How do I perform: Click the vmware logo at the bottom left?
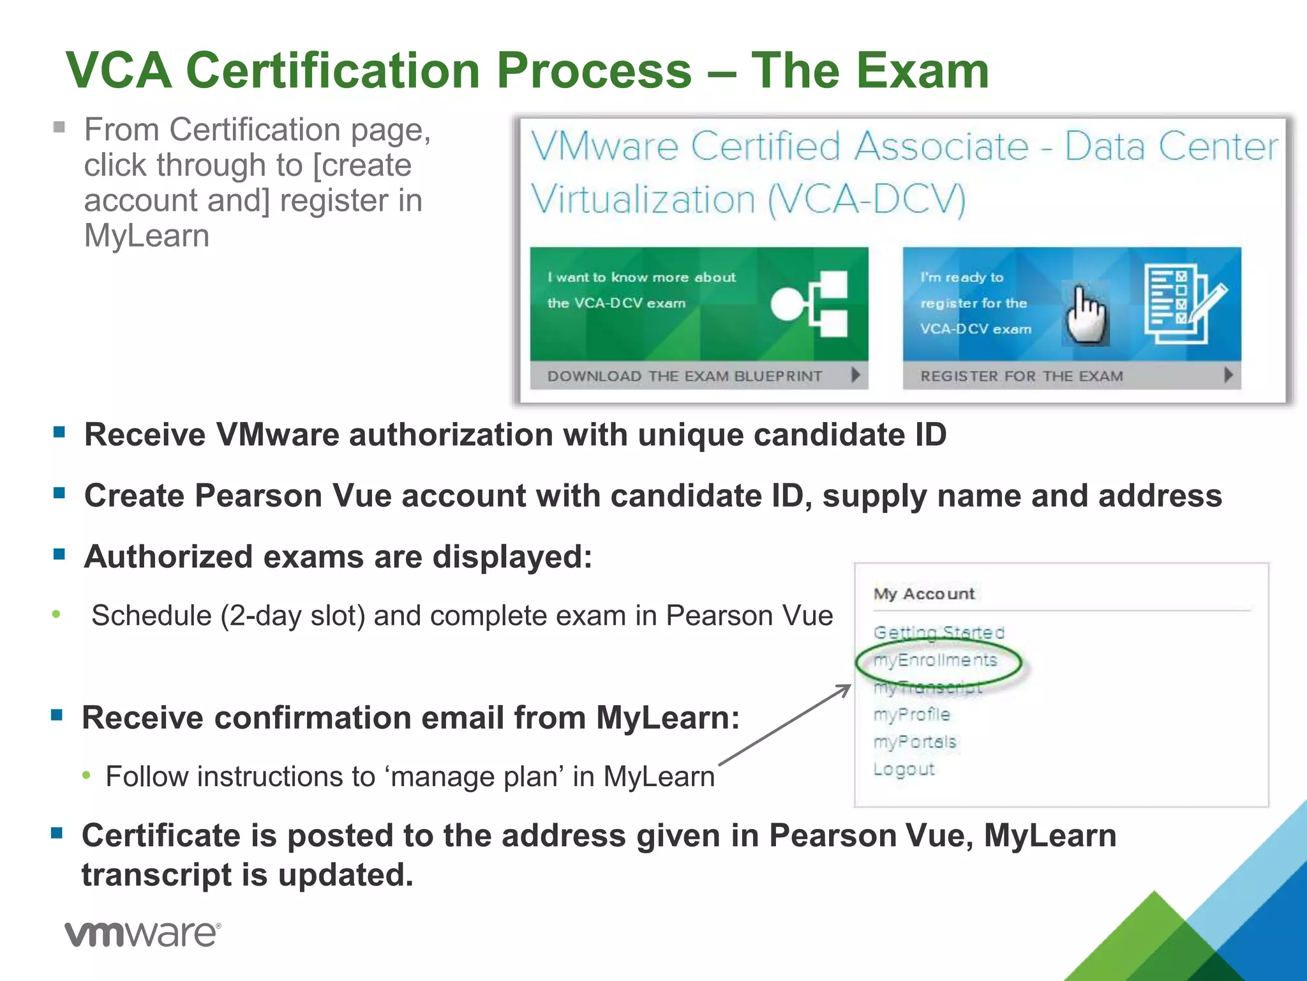(143, 934)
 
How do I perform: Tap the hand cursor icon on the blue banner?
(1087, 314)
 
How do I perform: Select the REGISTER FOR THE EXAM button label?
(1021, 376)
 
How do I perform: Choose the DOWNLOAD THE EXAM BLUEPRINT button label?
(684, 376)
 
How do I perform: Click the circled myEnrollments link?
(936, 660)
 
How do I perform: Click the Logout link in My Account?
(904, 770)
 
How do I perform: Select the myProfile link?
(912, 715)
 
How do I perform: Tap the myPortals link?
(915, 742)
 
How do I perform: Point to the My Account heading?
(923, 594)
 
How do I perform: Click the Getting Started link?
(939, 632)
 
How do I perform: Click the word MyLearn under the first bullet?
(147, 236)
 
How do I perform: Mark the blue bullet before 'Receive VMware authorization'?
(59, 432)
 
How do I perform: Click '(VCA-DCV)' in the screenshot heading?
(866, 200)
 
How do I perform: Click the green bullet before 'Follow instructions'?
(87, 775)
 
